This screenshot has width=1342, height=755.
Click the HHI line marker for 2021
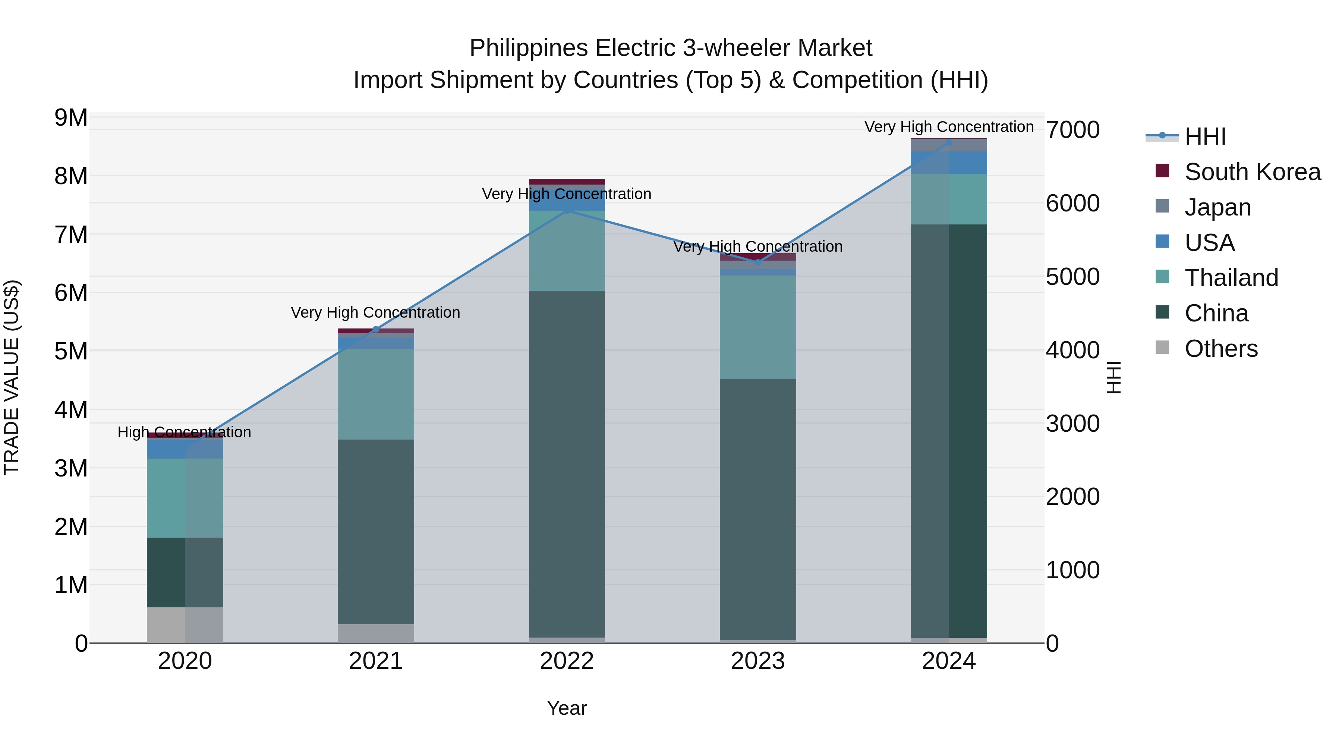point(376,329)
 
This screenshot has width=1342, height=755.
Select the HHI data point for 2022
point(567,211)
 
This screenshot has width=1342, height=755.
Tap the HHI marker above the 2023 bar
point(758,262)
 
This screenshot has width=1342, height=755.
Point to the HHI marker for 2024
point(949,142)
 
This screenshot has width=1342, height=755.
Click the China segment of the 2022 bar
point(567,464)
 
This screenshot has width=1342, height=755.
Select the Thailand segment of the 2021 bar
point(376,394)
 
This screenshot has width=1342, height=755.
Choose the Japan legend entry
point(1217,207)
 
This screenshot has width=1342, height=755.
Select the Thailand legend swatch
point(1162,277)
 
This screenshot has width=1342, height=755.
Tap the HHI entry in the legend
point(1205,136)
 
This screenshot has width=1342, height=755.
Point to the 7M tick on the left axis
point(71,235)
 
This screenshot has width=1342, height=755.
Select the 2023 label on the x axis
point(758,661)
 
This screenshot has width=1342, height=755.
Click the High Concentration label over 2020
point(185,432)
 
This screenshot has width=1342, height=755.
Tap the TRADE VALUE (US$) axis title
point(12,377)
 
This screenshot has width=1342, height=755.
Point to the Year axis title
point(567,708)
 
